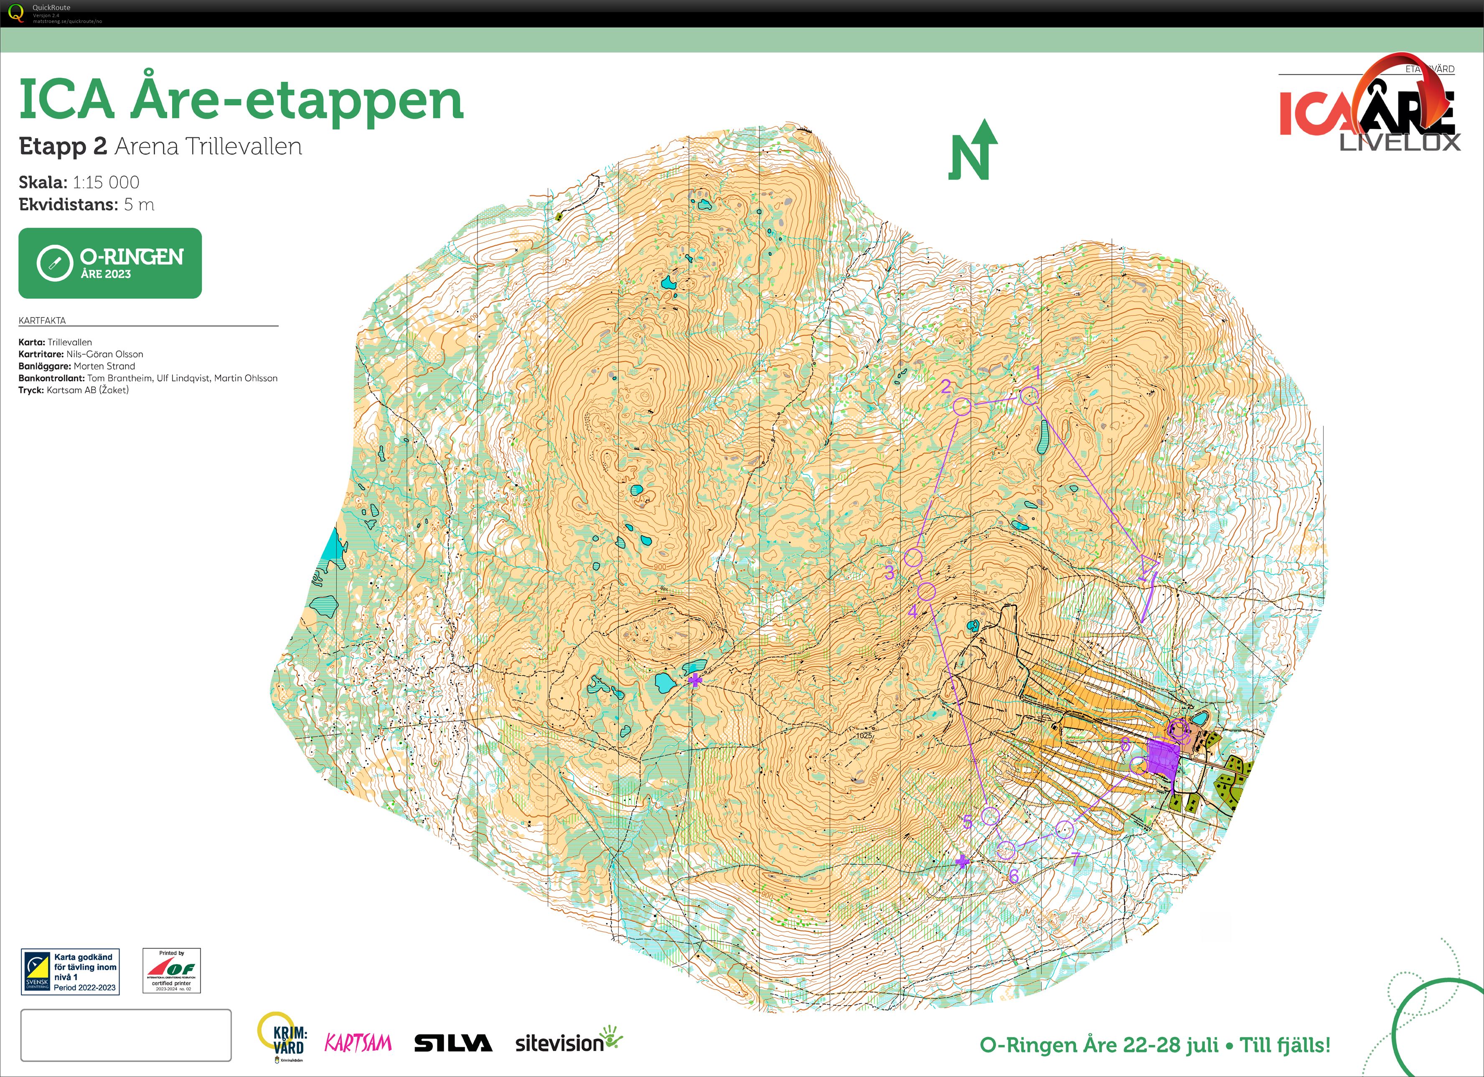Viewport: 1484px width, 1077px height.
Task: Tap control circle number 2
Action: (x=962, y=406)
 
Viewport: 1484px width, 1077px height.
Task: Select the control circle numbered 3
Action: (x=913, y=558)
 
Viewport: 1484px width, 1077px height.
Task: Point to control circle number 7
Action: (x=1065, y=830)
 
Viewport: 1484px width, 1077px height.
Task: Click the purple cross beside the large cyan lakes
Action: (x=695, y=681)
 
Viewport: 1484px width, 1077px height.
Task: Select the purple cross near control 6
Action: (x=962, y=862)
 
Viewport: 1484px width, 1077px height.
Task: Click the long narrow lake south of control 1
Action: (x=1043, y=437)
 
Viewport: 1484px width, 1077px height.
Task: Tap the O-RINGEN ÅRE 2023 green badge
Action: (x=110, y=263)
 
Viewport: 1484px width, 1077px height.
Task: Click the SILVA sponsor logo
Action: (x=453, y=1043)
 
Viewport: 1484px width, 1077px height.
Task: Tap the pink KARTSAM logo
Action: (x=358, y=1043)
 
